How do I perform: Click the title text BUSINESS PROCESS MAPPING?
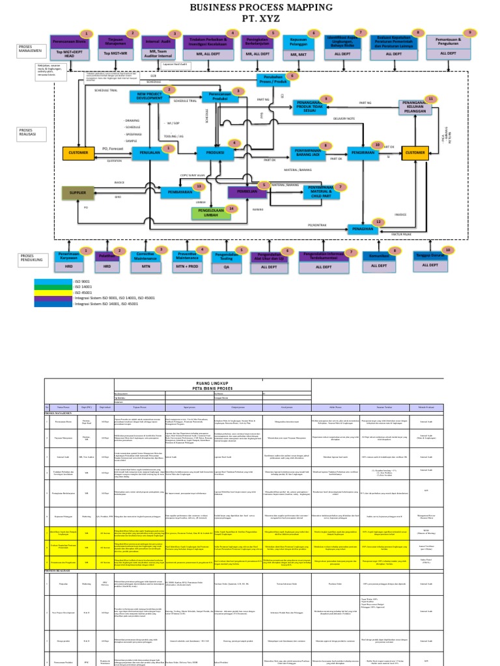[260, 7]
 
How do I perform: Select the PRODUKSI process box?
[215, 153]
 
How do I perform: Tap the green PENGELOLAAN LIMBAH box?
[212, 214]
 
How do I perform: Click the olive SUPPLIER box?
[77, 193]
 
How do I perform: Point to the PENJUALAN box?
[150, 153]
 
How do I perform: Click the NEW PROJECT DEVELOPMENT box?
[149, 97]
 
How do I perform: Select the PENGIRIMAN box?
[363, 153]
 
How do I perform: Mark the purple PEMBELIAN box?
[247, 192]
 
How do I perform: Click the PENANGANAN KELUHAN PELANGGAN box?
[418, 107]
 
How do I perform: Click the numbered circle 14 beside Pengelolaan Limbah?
[230, 209]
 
